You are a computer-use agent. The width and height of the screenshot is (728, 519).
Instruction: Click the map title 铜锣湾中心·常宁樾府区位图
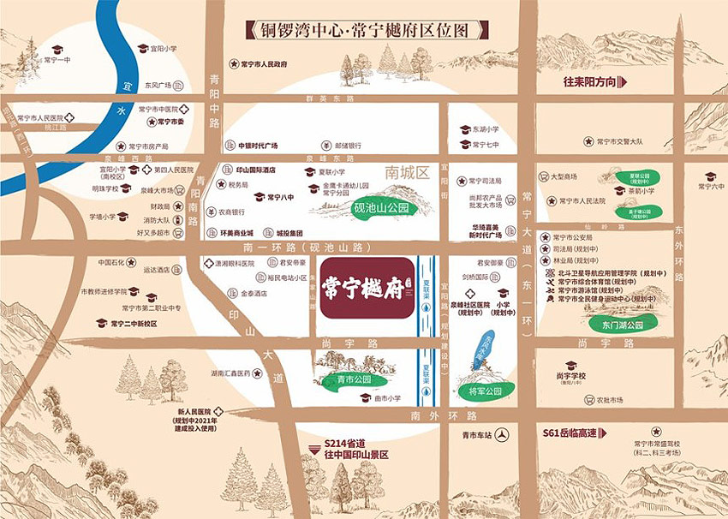pos(363,30)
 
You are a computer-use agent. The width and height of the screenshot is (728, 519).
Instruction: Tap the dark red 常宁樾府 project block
pos(364,289)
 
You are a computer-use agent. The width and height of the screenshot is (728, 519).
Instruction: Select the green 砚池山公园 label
pos(378,208)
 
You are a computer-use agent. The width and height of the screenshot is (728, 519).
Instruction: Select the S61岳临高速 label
pos(575,434)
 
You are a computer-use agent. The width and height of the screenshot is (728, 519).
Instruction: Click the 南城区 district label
pos(406,172)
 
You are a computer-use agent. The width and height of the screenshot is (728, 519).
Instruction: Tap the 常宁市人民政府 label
pos(263,64)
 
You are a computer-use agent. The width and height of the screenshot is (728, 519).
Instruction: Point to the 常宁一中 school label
pos(57,61)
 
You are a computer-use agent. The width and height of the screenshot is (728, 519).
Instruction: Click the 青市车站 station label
pos(476,435)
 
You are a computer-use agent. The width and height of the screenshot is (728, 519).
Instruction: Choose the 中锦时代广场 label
pos(257,146)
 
